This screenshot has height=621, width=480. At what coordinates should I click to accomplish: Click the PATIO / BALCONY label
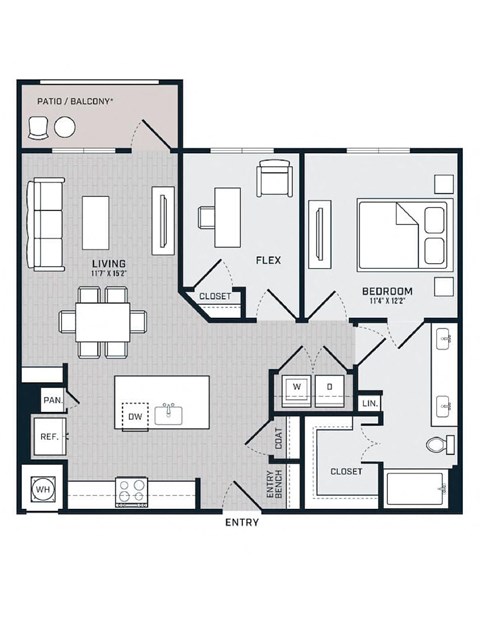coord(75,101)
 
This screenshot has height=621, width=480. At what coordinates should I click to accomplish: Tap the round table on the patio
coord(65,128)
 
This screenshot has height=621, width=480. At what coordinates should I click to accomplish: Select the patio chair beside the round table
coord(38,128)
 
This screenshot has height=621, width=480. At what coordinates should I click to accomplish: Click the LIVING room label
coord(109,263)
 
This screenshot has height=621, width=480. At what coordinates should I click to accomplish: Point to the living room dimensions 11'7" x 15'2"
coord(109,273)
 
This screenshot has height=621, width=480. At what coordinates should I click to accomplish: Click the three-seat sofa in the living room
coord(46,225)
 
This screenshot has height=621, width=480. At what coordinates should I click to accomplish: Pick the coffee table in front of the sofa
coord(95,223)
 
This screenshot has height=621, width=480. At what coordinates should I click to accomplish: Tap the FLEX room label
coord(269,260)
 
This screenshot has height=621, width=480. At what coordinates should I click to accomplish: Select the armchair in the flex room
coord(274,178)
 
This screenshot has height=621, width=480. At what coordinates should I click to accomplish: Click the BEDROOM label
coord(387,291)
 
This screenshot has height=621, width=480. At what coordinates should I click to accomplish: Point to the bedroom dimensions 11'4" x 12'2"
coord(387,301)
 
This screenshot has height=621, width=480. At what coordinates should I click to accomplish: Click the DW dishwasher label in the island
coord(135,417)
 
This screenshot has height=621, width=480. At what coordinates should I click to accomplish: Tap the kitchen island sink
coord(168,414)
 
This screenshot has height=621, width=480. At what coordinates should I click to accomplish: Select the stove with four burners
coord(131,492)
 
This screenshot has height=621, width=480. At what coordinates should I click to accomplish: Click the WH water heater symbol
coord(43,490)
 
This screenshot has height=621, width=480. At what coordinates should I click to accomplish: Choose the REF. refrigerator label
coord(50,437)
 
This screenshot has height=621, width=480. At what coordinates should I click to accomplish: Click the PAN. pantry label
coord(53,400)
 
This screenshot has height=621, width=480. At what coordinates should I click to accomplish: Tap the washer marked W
coord(297,390)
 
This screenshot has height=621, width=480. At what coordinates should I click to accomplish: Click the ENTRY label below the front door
coord(242,522)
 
